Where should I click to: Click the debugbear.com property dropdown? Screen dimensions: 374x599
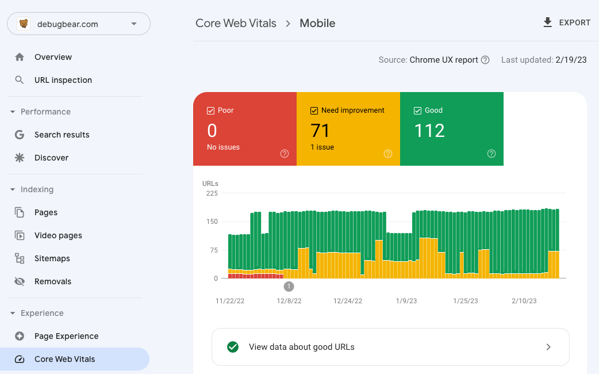[79, 24]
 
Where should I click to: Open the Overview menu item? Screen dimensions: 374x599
[53, 57]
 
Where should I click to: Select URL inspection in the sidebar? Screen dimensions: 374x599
[63, 80]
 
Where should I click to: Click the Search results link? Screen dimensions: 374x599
[62, 135]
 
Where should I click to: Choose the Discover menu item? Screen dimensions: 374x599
[51, 158]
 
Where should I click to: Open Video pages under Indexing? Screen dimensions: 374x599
[58, 235]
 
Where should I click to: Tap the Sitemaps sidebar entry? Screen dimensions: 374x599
[52, 258]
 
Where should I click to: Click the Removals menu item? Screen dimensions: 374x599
[52, 281]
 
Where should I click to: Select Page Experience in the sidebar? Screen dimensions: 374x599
[66, 336]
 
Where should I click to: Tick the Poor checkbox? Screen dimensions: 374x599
[211, 110]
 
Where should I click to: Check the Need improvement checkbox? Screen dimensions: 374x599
[314, 110]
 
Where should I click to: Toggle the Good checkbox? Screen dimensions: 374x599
[418, 110]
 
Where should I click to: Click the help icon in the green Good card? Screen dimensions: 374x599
[492, 154]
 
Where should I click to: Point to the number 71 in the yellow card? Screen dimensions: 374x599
[320, 131]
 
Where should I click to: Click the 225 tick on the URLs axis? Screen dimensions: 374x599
[212, 193]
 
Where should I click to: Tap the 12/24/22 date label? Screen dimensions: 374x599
[348, 301]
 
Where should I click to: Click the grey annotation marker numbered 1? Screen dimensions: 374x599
[289, 286]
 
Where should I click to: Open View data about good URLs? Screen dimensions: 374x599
[390, 347]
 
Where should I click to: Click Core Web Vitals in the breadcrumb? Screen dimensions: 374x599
[236, 24]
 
